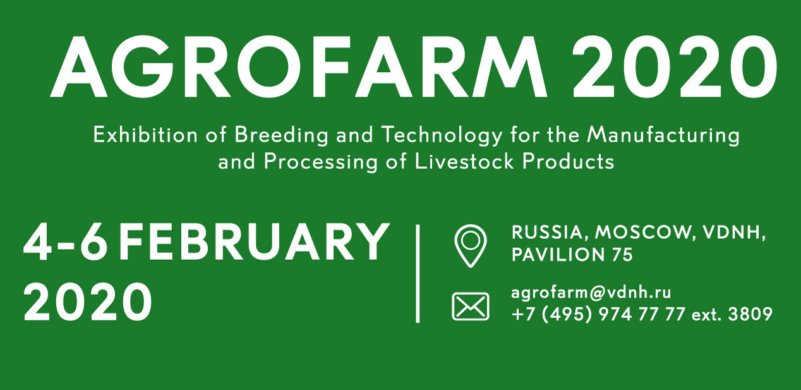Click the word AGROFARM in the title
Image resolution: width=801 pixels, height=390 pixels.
coord(299,66)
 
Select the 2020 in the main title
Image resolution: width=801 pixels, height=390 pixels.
coord(675,66)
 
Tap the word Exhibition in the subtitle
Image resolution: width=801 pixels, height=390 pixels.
coord(145,135)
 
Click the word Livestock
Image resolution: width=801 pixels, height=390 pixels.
coord(464,162)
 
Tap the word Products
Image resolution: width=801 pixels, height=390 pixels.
coord(568,162)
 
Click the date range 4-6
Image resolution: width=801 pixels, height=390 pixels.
coord(65,241)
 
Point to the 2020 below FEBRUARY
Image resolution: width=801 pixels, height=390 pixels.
coord(88,302)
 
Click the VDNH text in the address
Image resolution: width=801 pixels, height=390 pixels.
coord(730,233)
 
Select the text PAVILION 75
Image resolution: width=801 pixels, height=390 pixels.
coord(572,255)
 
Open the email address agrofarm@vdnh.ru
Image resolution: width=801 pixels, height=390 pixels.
coord(591,293)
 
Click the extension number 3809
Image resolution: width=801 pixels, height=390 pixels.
coord(750,315)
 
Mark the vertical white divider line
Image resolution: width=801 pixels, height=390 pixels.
coord(418,274)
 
